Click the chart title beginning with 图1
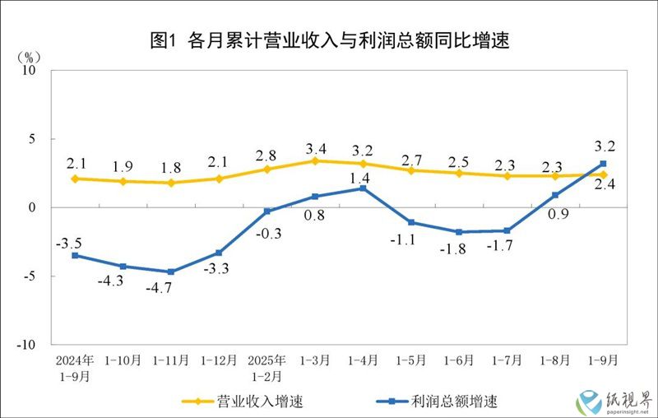(x=329, y=40)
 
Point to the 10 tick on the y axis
(x=29, y=71)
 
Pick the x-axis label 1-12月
(x=220, y=360)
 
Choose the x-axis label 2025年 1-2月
(x=267, y=367)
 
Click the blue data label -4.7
(x=170, y=290)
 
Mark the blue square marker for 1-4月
(x=364, y=188)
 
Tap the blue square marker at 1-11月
(x=171, y=272)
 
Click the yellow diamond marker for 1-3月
(x=316, y=160)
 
